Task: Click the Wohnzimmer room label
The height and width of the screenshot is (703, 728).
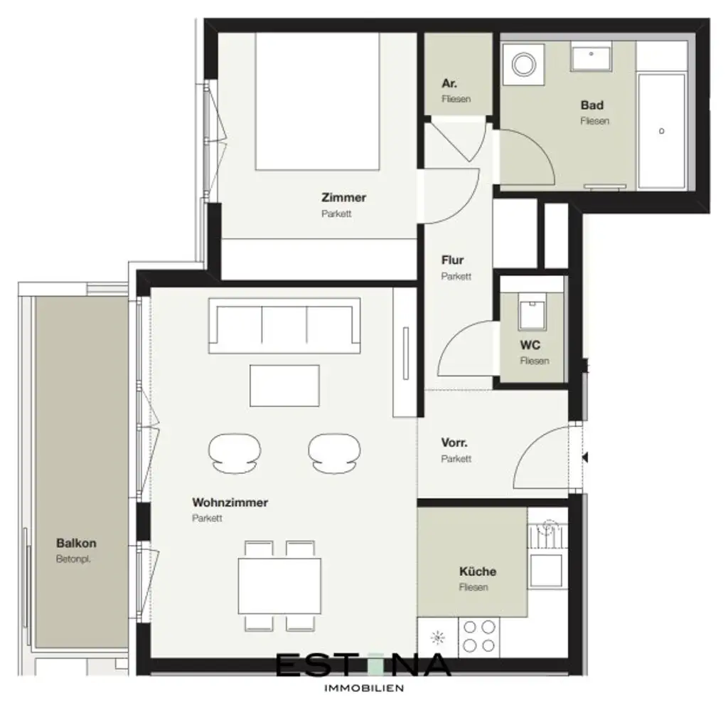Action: tap(230, 502)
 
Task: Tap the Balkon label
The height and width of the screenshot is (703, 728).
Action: tap(76, 544)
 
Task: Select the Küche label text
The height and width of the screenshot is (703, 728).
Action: tap(477, 571)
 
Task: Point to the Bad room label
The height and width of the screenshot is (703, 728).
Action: tap(591, 105)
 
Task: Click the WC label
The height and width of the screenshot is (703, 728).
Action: tap(530, 346)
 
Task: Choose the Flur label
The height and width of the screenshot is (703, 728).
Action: tap(452, 260)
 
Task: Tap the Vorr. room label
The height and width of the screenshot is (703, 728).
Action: tap(454, 443)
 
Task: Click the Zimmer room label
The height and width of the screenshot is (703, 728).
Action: tap(343, 198)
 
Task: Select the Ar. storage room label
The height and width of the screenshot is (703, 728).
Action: tap(449, 83)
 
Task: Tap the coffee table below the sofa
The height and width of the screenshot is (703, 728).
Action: tap(284, 385)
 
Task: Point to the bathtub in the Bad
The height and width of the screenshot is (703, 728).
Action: tap(661, 131)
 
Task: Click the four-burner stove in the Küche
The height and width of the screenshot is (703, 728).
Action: tap(478, 637)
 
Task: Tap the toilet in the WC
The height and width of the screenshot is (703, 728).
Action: tap(532, 311)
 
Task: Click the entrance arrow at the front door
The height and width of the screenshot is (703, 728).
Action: tap(585, 458)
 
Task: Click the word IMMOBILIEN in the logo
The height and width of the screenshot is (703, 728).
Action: tap(364, 688)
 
